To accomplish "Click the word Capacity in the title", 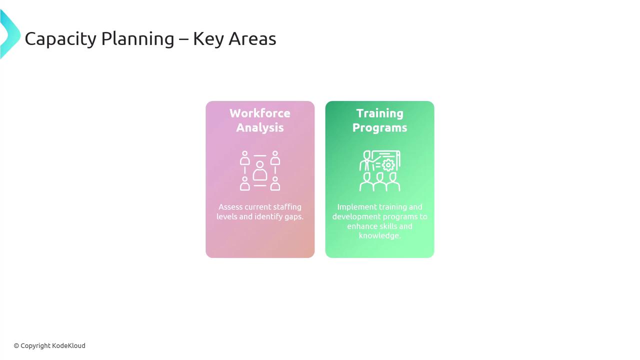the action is click(60, 39).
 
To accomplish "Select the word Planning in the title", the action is click(137, 39).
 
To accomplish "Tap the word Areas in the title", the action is click(252, 39).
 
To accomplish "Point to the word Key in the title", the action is click(208, 39).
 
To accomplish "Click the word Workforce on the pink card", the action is click(260, 113).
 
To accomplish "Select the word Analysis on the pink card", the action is click(260, 127).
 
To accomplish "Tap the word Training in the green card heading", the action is click(379, 113).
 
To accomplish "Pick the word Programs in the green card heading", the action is click(379, 128).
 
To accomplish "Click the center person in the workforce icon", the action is click(259, 171).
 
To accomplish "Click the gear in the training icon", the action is click(388, 165).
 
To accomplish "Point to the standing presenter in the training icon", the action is click(366, 161).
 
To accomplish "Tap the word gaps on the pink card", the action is click(294, 217).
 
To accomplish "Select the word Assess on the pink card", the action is click(230, 207).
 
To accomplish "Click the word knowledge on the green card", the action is click(379, 235).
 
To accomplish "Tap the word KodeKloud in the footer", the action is click(68, 345).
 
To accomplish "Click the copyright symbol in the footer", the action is click(16, 346).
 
